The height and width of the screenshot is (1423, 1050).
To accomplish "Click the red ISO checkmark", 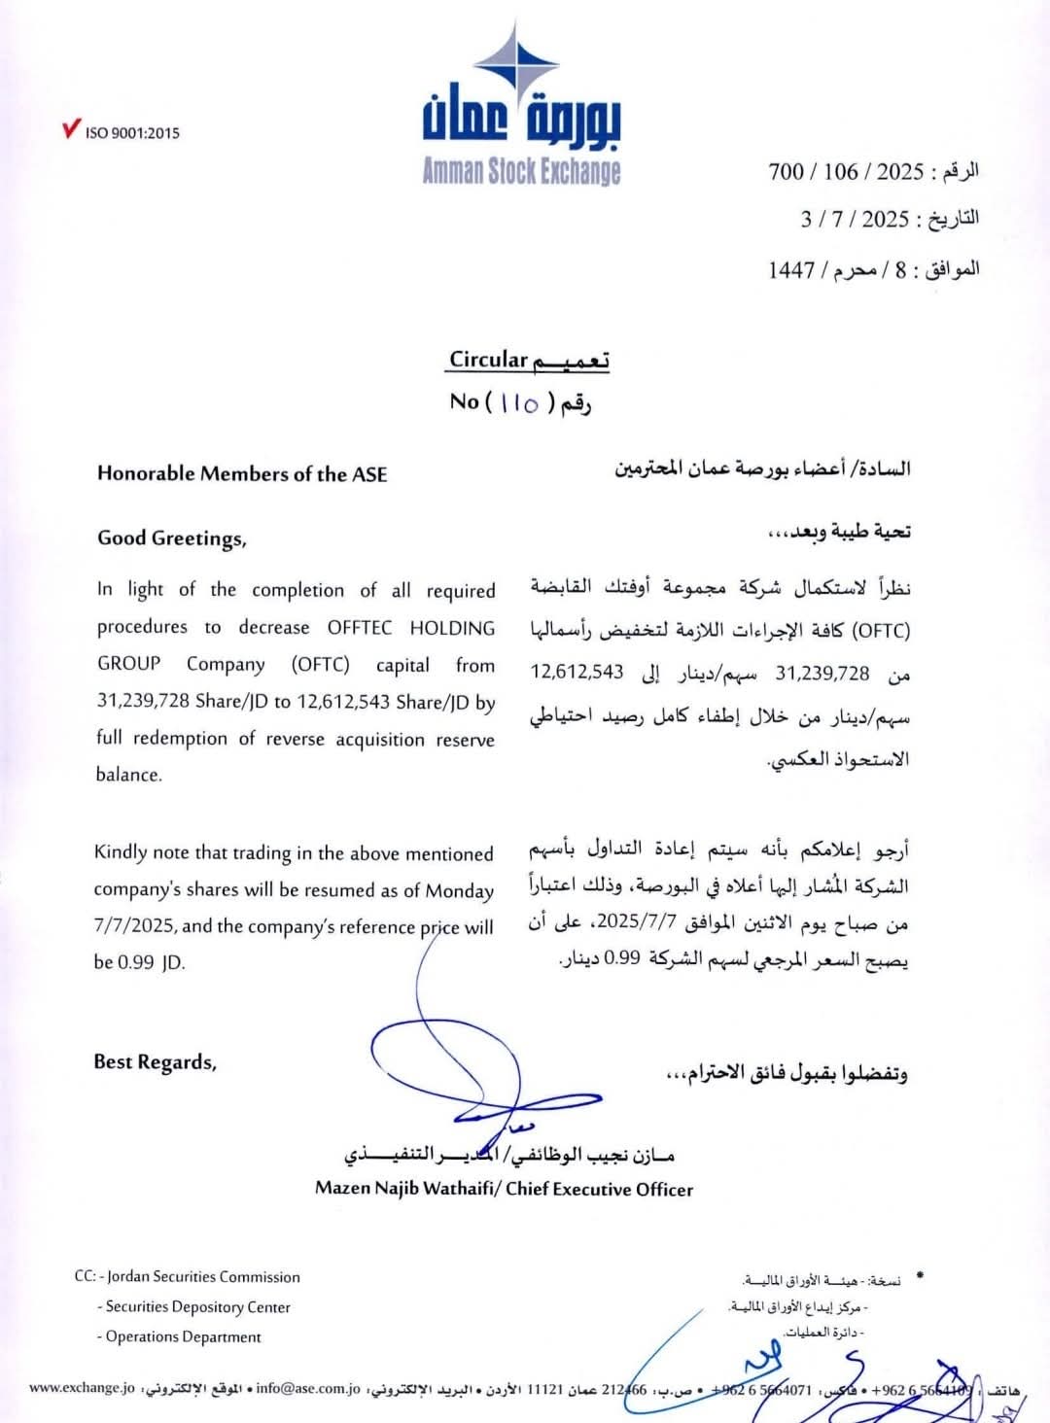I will [71, 129].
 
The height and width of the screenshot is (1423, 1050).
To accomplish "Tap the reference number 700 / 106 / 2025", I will [845, 172].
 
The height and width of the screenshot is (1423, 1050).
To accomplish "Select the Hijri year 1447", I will [790, 270].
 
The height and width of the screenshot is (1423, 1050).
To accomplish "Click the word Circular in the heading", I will [488, 360].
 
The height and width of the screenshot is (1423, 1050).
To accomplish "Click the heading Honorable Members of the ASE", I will [242, 474].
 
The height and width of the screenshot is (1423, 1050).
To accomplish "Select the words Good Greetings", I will [171, 538].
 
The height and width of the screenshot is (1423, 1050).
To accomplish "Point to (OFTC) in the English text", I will [320, 665].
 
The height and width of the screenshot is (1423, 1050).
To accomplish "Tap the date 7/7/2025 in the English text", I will [134, 927].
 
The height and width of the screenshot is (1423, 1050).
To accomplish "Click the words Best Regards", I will [155, 1062].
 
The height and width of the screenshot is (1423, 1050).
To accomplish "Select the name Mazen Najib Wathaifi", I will [404, 1190].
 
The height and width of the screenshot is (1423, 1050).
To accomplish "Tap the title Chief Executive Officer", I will [599, 1190].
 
